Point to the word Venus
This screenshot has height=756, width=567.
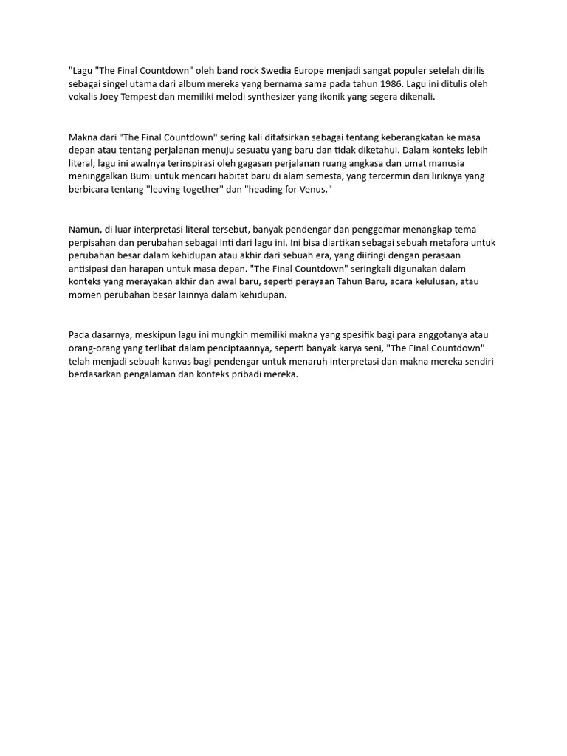point(305,190)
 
